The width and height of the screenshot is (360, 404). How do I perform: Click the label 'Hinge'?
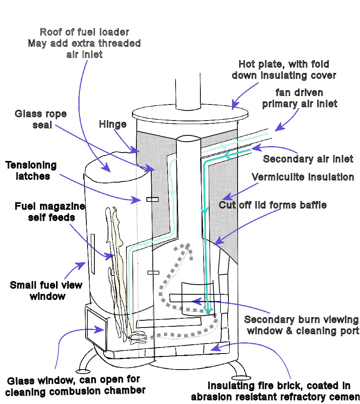112,125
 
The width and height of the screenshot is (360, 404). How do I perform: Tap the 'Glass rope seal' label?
35,119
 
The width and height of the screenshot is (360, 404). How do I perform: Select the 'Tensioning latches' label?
31,170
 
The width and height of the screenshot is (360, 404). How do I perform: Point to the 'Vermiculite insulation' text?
303,177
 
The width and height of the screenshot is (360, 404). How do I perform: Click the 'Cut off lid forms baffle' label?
272,205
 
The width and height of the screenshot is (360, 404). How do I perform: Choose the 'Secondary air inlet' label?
308,159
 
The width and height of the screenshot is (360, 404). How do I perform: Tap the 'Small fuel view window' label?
46,291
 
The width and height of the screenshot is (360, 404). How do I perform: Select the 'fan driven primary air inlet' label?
299,98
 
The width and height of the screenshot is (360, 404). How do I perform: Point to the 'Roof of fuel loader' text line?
84,32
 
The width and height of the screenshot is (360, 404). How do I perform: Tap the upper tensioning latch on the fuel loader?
152,199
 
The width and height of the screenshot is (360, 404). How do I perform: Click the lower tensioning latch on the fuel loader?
153,273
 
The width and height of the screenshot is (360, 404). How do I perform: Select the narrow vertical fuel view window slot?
93,254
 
